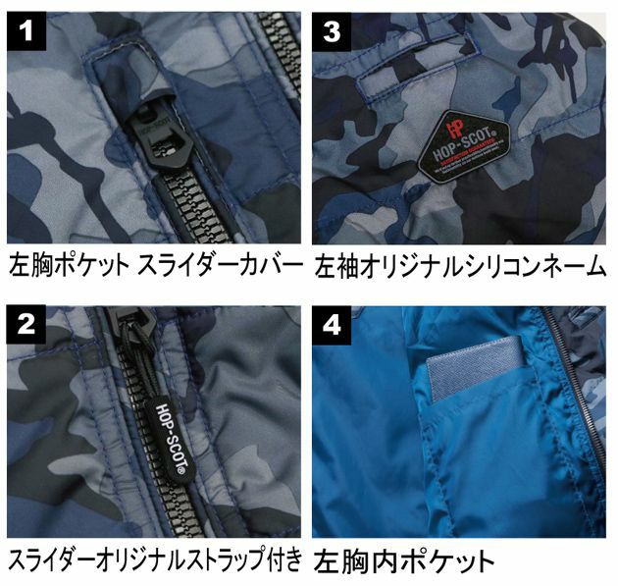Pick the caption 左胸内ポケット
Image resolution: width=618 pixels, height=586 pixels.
click(404, 561)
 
